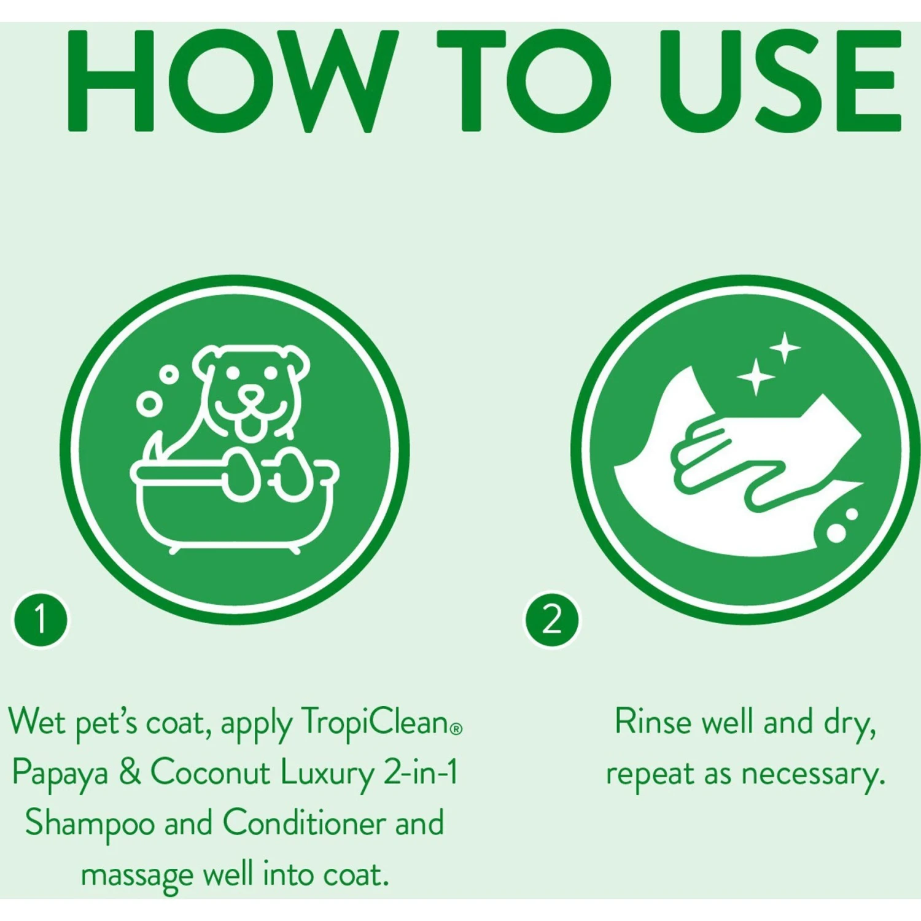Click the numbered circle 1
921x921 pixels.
tap(41, 618)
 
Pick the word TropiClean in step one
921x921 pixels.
tap(375, 723)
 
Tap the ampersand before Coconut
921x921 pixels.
tap(130, 772)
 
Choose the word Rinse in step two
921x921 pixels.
tap(652, 721)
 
